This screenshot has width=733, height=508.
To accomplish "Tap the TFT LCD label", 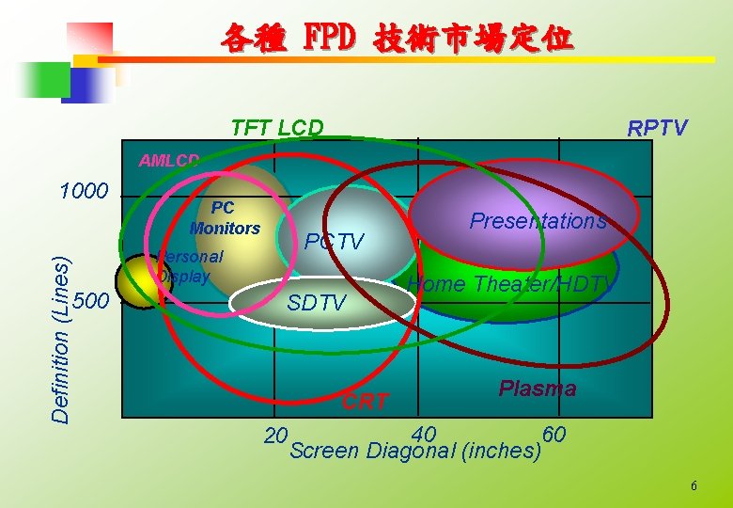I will (277, 128).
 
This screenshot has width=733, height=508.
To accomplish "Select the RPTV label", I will (658, 128).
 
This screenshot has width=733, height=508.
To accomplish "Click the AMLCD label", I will (169, 160).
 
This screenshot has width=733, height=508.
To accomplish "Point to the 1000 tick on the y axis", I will (85, 192).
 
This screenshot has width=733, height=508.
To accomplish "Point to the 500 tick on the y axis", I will (90, 301).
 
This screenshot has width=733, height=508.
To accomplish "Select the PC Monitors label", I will (225, 217).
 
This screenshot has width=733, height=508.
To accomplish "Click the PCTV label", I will (335, 242).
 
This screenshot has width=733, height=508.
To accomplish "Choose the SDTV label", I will (317, 303).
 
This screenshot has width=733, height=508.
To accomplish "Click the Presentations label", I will (538, 221).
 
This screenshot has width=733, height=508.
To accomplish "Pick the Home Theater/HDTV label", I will (512, 284).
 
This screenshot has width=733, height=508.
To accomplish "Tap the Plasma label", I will (538, 389).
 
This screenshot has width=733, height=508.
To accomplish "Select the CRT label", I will (365, 402).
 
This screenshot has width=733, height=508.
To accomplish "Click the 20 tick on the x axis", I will (275, 436).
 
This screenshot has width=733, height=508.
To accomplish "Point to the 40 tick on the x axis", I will (424, 434).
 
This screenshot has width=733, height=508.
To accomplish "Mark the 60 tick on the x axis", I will (555, 434).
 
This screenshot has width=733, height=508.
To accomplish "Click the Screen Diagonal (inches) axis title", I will (416, 451).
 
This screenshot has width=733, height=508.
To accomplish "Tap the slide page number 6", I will (694, 485).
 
